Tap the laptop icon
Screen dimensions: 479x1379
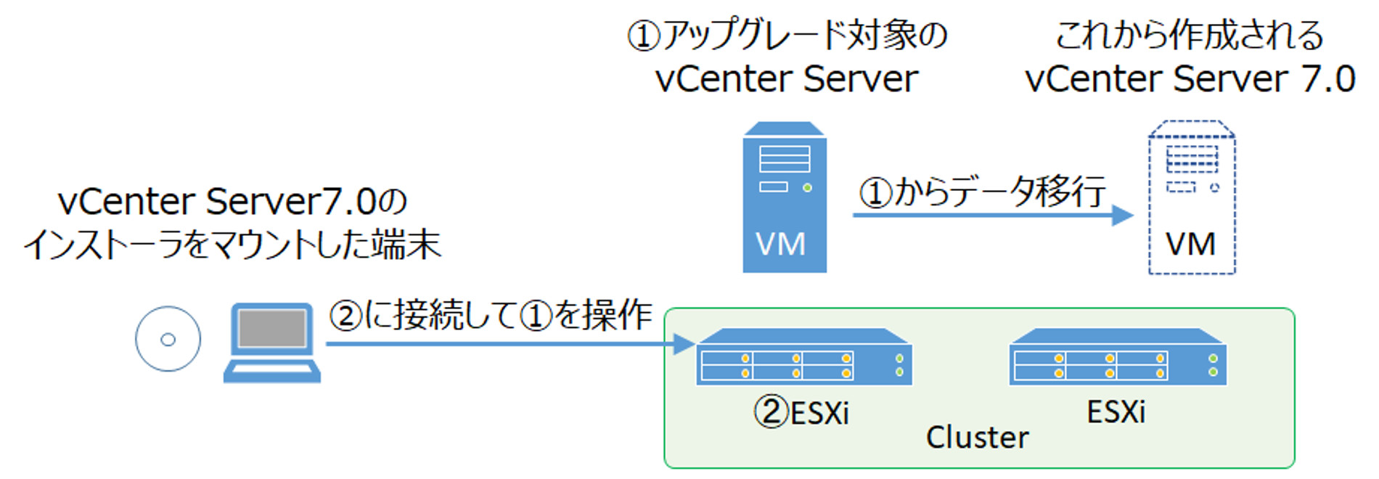pyautogui.click(x=271, y=343)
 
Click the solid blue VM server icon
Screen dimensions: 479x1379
pyautogui.click(x=784, y=197)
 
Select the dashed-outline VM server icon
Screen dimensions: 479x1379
pyautogui.click(x=1191, y=197)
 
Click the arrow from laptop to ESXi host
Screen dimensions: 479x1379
pyautogui.click(x=508, y=343)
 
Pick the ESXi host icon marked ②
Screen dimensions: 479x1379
pyautogui.click(x=803, y=357)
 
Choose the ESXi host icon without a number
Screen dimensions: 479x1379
pyautogui.click(x=1118, y=357)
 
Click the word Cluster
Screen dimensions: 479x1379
pyautogui.click(x=977, y=438)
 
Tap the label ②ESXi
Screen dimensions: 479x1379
pyautogui.click(x=801, y=413)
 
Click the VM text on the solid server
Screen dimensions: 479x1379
pyautogui.click(x=781, y=245)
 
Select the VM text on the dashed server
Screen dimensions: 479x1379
pyautogui.click(x=1190, y=245)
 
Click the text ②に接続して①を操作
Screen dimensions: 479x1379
pyautogui.click(x=491, y=316)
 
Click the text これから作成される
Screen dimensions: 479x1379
pyautogui.click(x=1190, y=35)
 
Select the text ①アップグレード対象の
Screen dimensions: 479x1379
pyautogui.click(x=787, y=35)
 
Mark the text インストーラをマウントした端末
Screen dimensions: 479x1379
pyautogui.click(x=232, y=245)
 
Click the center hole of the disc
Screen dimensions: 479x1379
pyautogui.click(x=168, y=339)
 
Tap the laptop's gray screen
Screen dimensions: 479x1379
pyautogui.click(x=271, y=329)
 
